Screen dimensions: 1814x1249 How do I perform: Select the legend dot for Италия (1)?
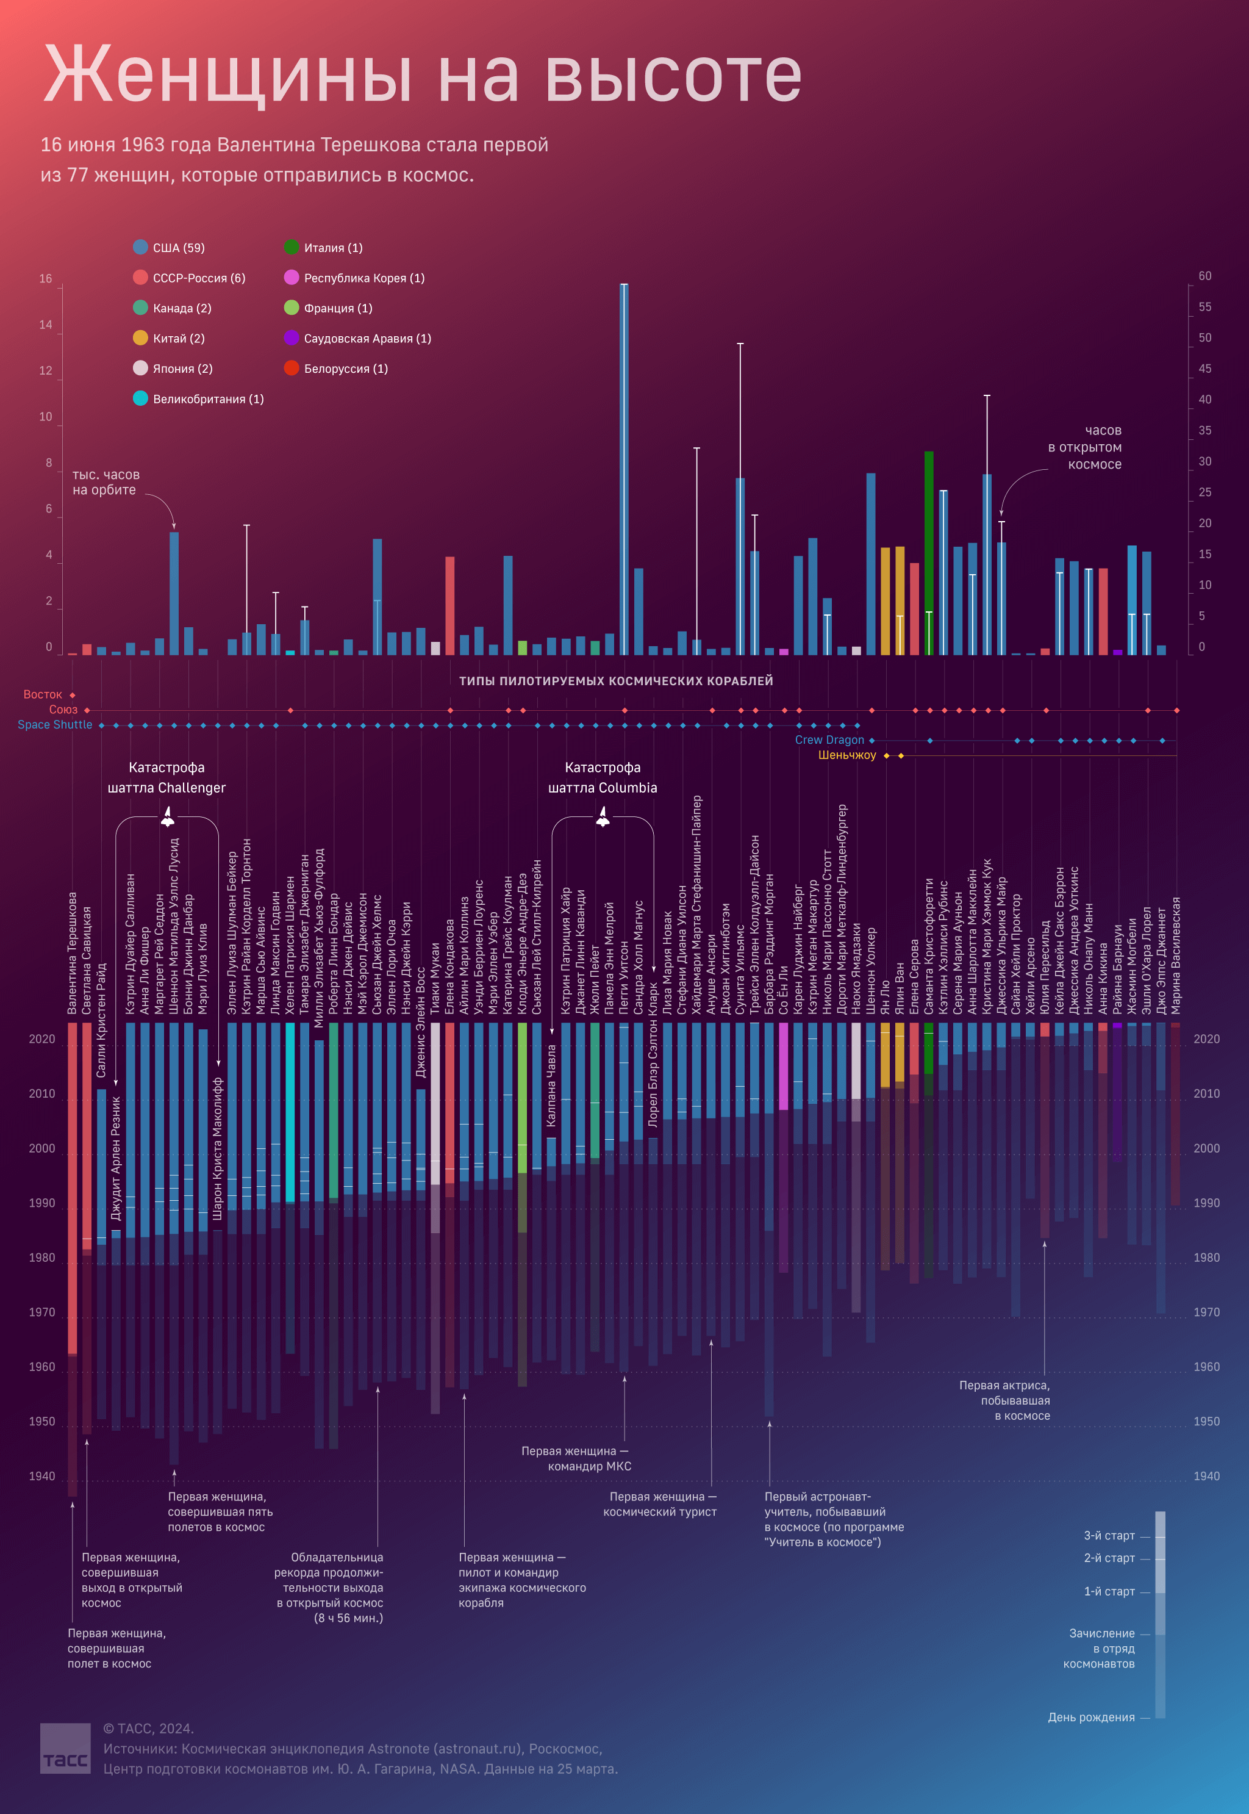pyautogui.click(x=291, y=247)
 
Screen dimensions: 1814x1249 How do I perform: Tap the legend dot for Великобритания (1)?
pyautogui.click(x=140, y=398)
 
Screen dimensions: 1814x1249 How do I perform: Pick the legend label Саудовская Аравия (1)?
pyautogui.click(x=367, y=338)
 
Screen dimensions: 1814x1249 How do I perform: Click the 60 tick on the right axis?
pyautogui.click(x=1204, y=276)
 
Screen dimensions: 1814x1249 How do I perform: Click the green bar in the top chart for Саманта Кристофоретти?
pyautogui.click(x=929, y=548)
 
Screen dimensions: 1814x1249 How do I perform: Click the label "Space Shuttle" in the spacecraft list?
pyautogui.click(x=55, y=725)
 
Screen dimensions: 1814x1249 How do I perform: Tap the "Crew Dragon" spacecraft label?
pyautogui.click(x=829, y=740)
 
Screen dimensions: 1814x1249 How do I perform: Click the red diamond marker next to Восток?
pyautogui.click(x=73, y=695)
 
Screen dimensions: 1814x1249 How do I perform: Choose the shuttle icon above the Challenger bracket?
pyautogui.click(x=168, y=818)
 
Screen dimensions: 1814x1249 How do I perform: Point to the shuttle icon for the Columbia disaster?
pyautogui.click(x=603, y=818)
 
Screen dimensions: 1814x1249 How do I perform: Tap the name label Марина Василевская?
pyautogui.click(x=1175, y=955)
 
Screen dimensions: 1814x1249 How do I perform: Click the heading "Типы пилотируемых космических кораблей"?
pyautogui.click(x=616, y=681)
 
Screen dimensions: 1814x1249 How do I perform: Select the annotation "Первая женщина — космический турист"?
pyautogui.click(x=660, y=1504)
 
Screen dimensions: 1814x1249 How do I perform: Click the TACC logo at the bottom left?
pyautogui.click(x=66, y=1747)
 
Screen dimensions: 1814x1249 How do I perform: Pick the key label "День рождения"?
pyautogui.click(x=1091, y=1717)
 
